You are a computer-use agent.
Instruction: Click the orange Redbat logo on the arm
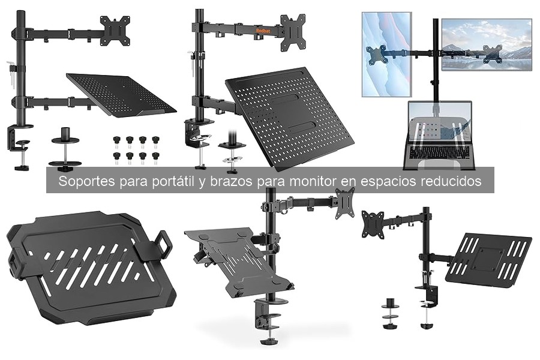[x=263, y=31]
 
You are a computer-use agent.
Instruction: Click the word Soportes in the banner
[x=86, y=181]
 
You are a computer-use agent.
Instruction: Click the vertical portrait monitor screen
[x=386, y=55]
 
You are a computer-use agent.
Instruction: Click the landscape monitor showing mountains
[x=486, y=45]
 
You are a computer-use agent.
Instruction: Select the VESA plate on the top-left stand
[x=115, y=31]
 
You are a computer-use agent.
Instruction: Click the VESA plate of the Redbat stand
[x=293, y=31]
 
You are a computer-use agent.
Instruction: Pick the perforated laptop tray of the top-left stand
[x=121, y=94]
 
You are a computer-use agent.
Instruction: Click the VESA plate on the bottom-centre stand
[x=346, y=204]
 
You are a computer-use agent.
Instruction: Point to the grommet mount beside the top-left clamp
[x=65, y=150]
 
